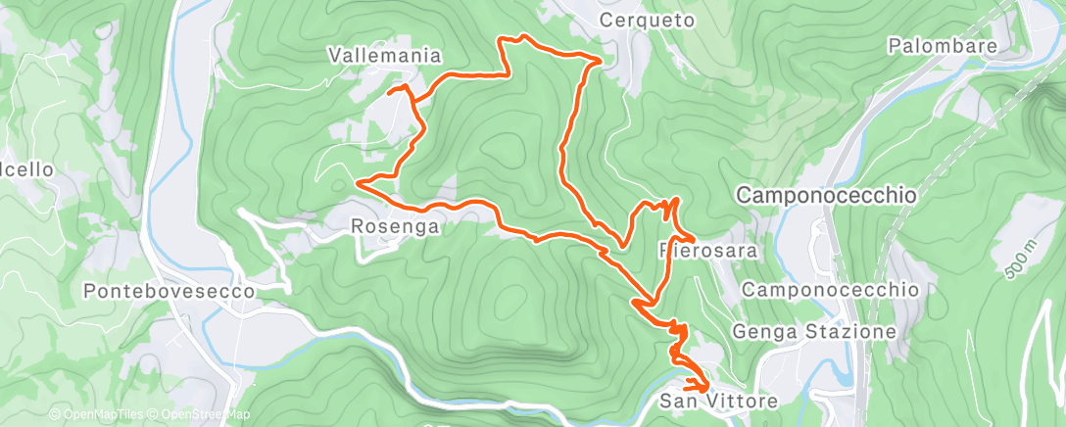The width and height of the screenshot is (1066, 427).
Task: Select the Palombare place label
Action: (943, 45)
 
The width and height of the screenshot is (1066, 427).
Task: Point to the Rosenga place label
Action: (392, 226)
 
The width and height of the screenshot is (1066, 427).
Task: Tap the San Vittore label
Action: (718, 401)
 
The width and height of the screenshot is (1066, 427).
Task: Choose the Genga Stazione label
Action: (814, 332)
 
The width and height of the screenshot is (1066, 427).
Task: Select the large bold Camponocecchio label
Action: (825, 196)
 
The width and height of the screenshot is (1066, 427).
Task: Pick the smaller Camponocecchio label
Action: (830, 290)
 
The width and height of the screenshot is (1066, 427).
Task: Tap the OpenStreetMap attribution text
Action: (201, 415)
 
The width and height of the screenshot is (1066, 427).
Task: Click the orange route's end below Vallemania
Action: (391, 92)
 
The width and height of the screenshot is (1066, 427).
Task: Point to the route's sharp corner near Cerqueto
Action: (600, 61)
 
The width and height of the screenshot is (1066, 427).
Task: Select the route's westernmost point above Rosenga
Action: (359, 182)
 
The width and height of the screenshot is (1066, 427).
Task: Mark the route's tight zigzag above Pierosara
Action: (669, 207)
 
